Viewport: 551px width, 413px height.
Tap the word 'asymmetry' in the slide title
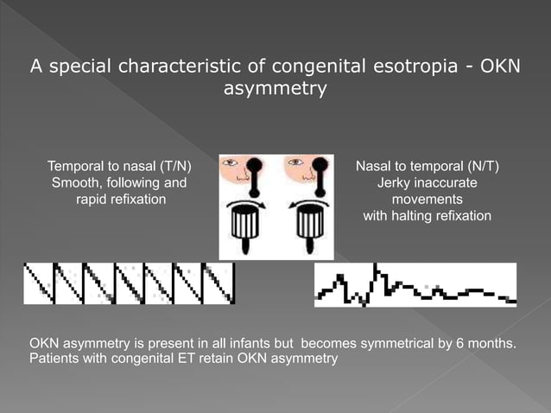275,88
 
